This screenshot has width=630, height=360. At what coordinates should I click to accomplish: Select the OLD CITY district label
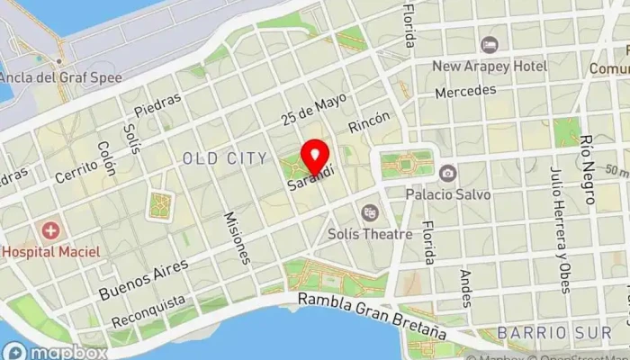224,158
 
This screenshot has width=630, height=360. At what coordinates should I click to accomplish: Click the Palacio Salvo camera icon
447,173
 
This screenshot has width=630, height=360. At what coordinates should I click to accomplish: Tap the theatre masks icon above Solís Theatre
369,213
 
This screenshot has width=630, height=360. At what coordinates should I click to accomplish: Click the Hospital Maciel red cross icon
50,231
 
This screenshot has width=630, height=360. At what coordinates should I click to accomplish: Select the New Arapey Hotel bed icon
489,45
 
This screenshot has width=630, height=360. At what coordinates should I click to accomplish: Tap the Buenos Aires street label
144,279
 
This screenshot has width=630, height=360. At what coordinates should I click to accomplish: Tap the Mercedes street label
465,92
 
